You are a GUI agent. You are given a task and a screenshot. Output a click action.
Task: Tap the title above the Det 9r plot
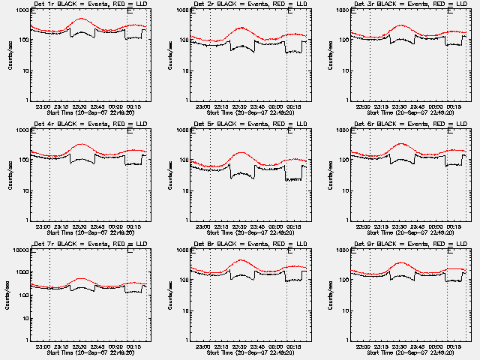tap(410, 244)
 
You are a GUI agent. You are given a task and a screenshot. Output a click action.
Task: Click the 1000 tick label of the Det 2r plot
tap(182, 10)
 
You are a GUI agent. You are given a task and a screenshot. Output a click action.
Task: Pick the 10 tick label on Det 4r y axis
tap(25, 190)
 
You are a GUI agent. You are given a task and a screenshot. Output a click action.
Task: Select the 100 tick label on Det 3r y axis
tap(344, 40)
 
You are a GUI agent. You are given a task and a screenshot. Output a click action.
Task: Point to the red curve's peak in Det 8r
tap(241, 260)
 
